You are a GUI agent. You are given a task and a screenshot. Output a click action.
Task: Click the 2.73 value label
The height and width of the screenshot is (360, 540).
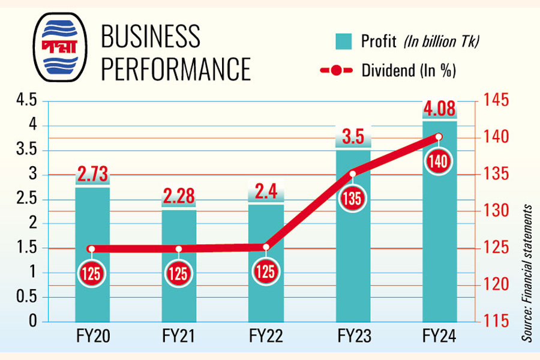click(92, 176)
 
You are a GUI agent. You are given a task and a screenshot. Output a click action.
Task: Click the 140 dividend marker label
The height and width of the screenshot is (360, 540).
click(439, 160)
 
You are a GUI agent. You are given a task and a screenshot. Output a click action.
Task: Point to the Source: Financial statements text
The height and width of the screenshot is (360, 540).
click(527, 273)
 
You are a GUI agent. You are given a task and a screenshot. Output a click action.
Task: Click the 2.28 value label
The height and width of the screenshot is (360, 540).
click(179, 197)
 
